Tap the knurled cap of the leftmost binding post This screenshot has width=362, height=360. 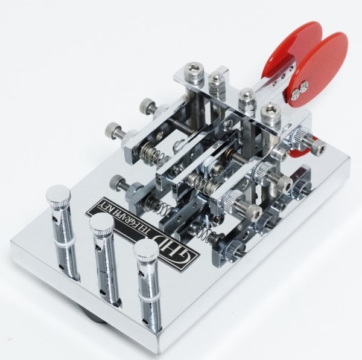59,195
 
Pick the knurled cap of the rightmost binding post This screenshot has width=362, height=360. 145,250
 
